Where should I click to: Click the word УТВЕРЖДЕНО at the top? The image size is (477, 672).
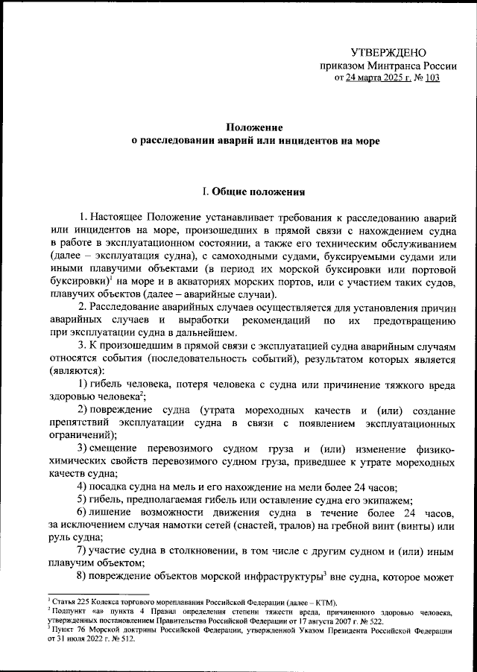click(388, 52)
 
